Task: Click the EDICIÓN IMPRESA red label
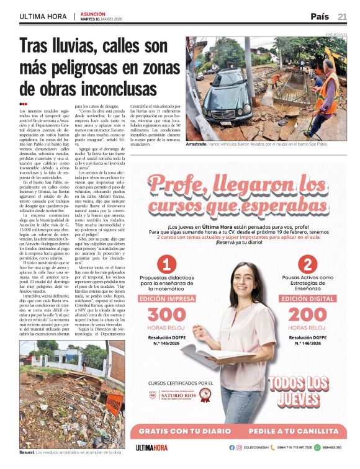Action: pos(166,298)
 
